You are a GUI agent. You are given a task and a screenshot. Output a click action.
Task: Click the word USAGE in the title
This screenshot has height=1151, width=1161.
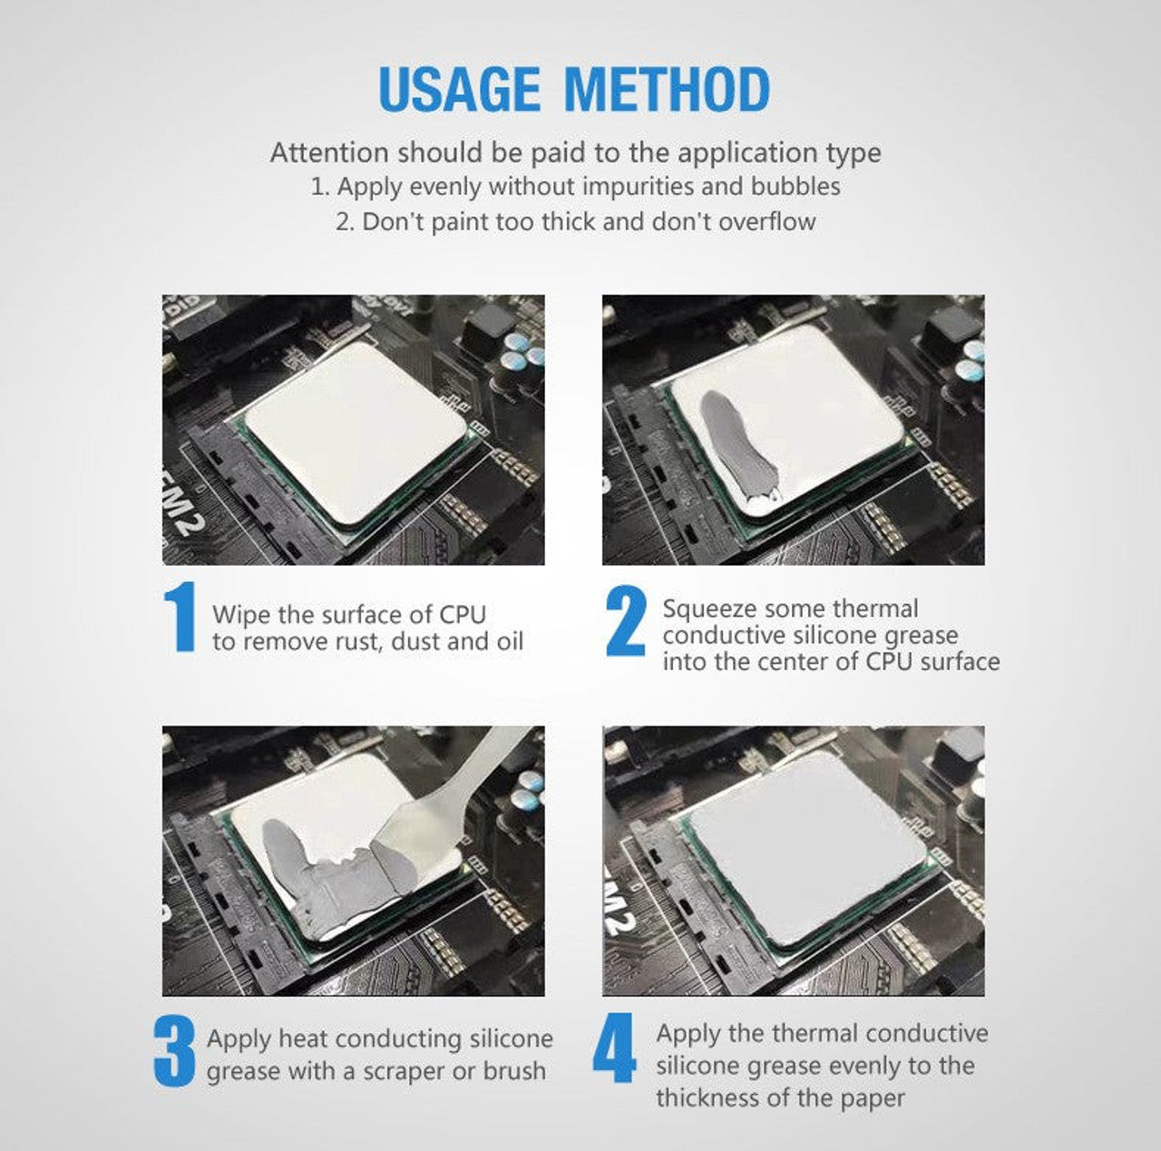(457, 90)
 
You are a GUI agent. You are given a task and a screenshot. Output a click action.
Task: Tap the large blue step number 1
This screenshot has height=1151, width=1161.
(180, 619)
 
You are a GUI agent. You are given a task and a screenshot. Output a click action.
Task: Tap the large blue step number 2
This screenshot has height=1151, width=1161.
(626, 622)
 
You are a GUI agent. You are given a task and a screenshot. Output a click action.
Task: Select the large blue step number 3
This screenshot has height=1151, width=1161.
(173, 1051)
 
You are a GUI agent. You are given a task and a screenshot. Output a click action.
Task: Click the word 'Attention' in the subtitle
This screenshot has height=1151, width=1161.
(329, 152)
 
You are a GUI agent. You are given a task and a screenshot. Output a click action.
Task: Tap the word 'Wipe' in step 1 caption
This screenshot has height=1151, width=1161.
(241, 614)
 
